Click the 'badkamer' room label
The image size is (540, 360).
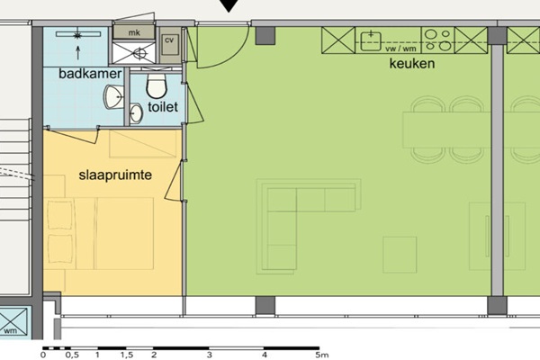[90, 74]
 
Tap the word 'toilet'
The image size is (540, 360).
[163, 107]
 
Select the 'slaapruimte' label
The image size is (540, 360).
[115, 175]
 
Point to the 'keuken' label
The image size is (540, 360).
[412, 64]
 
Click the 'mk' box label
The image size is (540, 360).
[134, 32]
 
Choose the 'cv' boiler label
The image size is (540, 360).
[169, 40]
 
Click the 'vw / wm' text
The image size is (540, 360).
[400, 49]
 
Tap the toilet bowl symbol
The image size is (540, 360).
[157, 85]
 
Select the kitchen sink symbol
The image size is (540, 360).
[371, 41]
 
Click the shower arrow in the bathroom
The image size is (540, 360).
[78, 53]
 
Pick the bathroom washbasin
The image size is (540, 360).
[114, 97]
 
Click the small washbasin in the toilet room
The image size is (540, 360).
[137, 113]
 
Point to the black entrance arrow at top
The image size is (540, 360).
[229, 6]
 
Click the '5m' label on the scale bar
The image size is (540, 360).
[321, 355]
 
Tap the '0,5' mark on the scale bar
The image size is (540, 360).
[72, 355]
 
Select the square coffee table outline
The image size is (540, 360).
[400, 255]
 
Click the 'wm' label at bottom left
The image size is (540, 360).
[10, 331]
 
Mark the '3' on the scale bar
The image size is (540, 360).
[210, 355]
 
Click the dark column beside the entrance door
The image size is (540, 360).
[265, 36]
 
